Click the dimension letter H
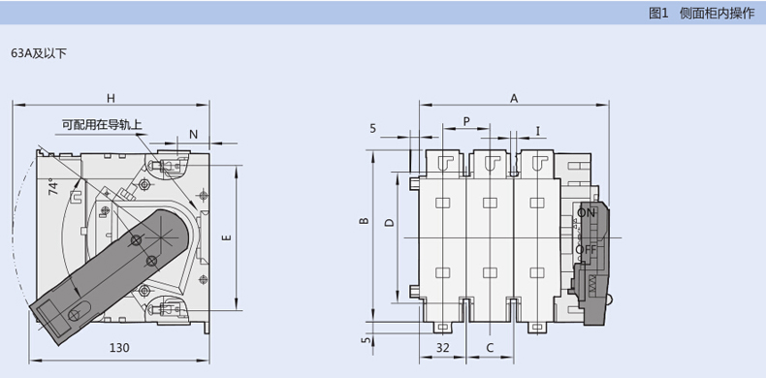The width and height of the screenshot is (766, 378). pyautogui.click(x=111, y=98)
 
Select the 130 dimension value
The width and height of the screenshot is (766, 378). pyautogui.click(x=119, y=348)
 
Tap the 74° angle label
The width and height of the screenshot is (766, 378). pyautogui.click(x=53, y=188)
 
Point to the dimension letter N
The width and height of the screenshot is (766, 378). pyautogui.click(x=194, y=135)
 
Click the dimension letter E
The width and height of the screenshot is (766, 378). pyautogui.click(x=227, y=237)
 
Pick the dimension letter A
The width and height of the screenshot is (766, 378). pyautogui.click(x=514, y=99)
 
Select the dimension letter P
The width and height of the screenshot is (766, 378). pyautogui.click(x=466, y=121)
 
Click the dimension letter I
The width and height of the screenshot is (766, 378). pyautogui.click(x=538, y=131)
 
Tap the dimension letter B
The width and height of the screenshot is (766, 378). pyautogui.click(x=364, y=221)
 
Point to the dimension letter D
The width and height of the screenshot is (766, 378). pyautogui.click(x=389, y=223)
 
